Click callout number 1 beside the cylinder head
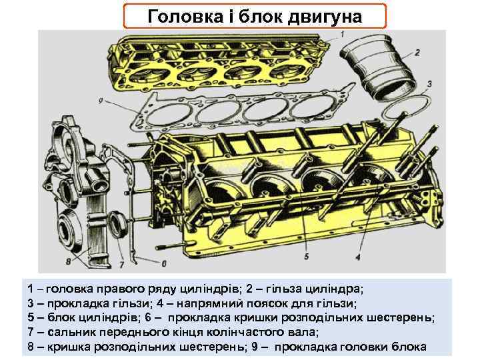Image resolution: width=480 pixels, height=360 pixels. point(342,34)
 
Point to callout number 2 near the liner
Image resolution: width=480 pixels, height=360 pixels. point(417,52)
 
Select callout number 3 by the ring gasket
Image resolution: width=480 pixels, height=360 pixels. point(429,83)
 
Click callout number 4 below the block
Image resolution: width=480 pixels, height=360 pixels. point(357,257)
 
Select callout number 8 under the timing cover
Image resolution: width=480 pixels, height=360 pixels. point(67,261)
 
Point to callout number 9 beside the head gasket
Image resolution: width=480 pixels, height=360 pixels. point(100,101)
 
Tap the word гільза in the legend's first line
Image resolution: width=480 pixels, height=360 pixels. point(287,289)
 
